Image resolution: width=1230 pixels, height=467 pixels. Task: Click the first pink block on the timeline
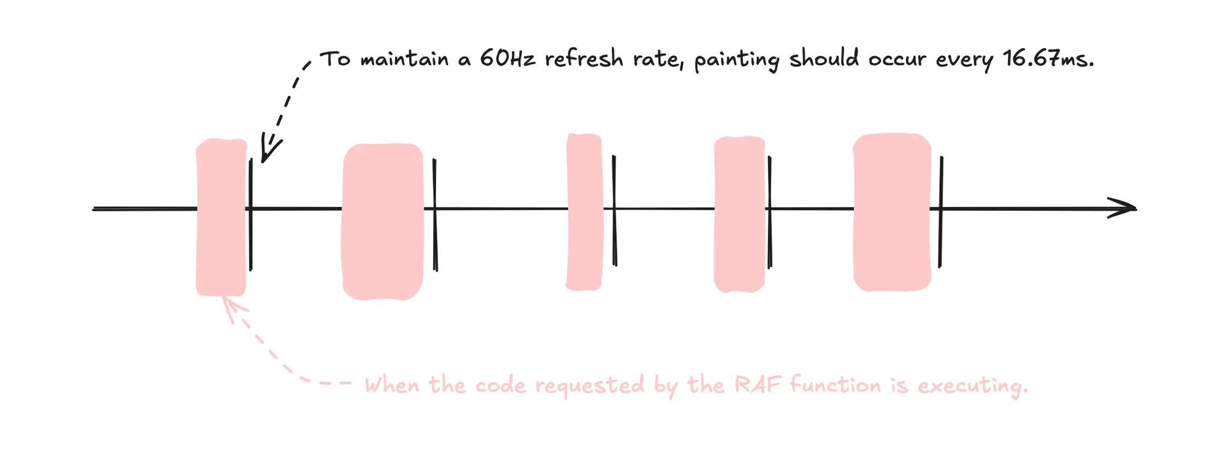221,217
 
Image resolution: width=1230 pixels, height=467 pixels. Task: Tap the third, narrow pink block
584,212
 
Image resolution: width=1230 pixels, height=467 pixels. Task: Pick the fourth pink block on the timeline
739,214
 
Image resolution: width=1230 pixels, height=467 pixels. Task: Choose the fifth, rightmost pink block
892,212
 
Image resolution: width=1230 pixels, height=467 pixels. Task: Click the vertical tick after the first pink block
250,214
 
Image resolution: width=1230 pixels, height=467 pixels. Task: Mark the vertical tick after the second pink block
435,215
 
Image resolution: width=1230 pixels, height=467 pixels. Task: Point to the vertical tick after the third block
614,210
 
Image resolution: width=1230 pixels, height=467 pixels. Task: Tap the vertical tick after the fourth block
769,212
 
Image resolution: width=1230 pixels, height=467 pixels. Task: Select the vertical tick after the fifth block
941,211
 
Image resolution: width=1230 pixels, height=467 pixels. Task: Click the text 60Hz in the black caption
507,59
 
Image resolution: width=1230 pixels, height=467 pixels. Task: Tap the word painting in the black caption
737,61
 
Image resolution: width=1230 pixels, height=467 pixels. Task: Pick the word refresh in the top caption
584,59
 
